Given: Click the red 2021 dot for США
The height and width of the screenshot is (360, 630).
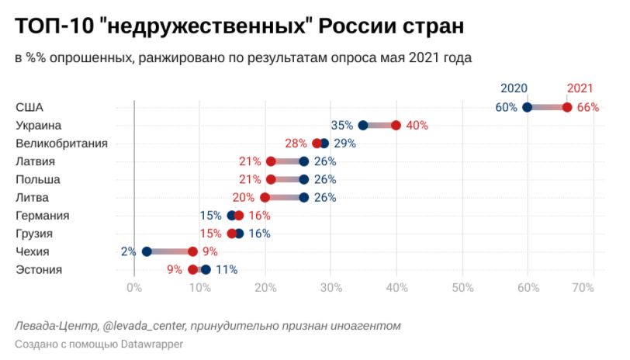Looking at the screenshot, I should (567, 107).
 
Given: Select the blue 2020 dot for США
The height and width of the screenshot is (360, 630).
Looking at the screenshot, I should (528, 107).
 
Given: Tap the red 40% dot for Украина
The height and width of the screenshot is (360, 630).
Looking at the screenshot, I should (396, 125).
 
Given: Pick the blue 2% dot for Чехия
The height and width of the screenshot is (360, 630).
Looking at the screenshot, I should (147, 251).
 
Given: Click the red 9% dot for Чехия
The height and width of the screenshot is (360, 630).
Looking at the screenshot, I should (193, 251).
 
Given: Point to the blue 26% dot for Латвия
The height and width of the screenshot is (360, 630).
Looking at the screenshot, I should (304, 161).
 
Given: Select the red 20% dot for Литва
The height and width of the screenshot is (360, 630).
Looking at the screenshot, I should (265, 197).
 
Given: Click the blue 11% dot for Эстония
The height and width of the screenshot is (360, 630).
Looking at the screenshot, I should (206, 269).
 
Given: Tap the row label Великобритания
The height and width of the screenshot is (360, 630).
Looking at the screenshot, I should (61, 143).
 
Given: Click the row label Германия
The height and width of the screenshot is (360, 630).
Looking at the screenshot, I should (43, 216).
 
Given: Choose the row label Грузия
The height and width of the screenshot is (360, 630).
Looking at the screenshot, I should (36, 234).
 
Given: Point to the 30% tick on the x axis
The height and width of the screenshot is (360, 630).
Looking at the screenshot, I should (331, 287).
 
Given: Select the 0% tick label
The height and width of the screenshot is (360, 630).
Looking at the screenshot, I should (133, 287).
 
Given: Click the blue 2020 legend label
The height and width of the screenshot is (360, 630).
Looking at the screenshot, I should (514, 88).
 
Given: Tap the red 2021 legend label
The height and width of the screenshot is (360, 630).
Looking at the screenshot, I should (580, 88).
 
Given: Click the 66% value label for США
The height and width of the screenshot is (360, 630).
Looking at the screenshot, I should (587, 107).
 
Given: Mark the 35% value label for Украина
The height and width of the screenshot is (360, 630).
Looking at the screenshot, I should (341, 125).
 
